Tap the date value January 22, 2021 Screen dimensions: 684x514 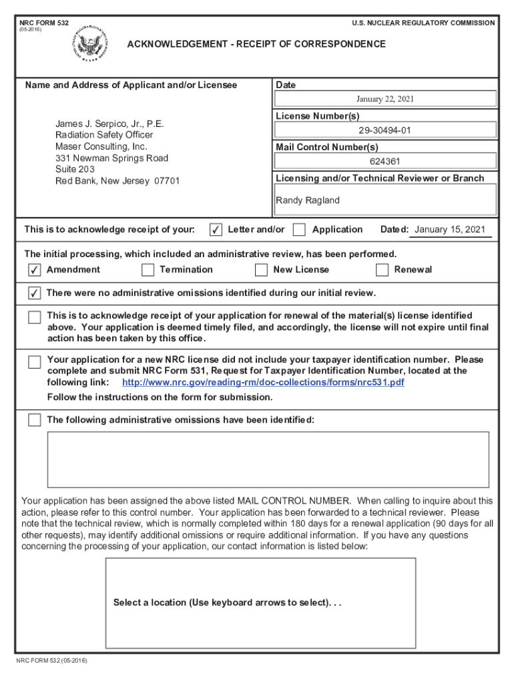(x=385, y=100)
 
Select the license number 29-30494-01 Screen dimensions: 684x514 (x=384, y=131)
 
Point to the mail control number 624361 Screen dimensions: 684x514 (x=385, y=162)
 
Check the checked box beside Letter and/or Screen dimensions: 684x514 (x=216, y=230)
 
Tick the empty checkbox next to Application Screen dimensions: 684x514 (x=300, y=230)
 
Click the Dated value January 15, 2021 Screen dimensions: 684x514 (x=450, y=230)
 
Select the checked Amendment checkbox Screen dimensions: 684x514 (x=34, y=270)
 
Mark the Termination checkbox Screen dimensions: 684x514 (x=148, y=270)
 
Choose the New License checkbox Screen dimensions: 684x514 (x=262, y=270)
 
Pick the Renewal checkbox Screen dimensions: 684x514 (x=382, y=270)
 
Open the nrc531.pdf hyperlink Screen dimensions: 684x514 (x=263, y=383)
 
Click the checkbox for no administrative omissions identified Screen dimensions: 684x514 (x=34, y=294)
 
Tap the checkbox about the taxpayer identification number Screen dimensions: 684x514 (x=34, y=362)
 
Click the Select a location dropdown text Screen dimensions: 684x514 (x=227, y=603)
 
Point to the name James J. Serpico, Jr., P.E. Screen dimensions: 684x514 (x=109, y=124)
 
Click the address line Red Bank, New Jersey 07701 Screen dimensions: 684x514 (x=117, y=181)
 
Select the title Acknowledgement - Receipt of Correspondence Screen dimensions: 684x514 (x=256, y=44)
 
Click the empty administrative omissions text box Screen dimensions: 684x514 (x=268, y=459)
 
